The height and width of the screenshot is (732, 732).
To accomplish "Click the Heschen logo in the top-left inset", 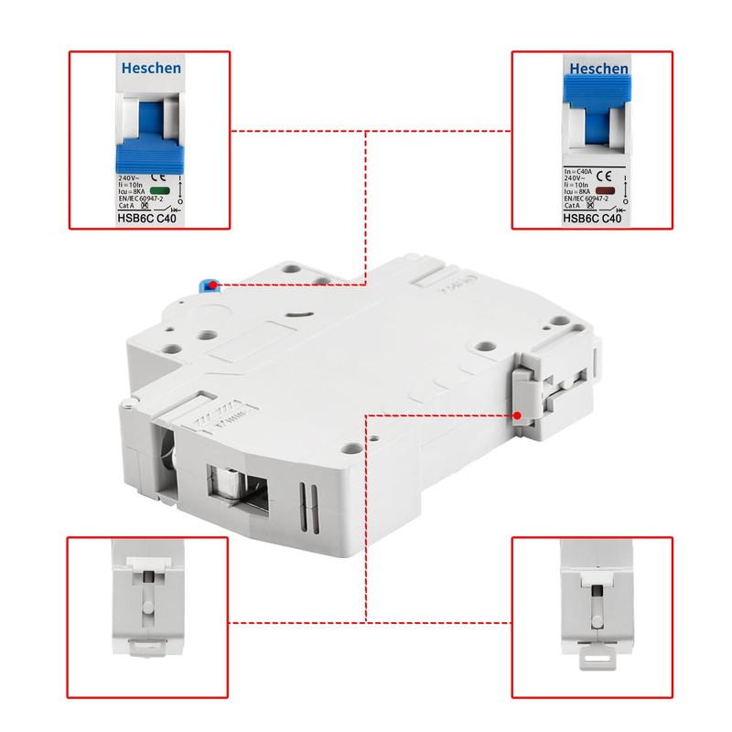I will pos(151,69).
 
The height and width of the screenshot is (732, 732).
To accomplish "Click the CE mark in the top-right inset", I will pos(604,174).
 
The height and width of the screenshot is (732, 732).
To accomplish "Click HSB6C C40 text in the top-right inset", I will pos(592,219).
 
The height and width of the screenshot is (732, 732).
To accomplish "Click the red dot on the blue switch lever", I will pos(212,285).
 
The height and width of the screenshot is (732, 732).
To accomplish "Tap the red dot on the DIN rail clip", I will pos(518,415).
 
